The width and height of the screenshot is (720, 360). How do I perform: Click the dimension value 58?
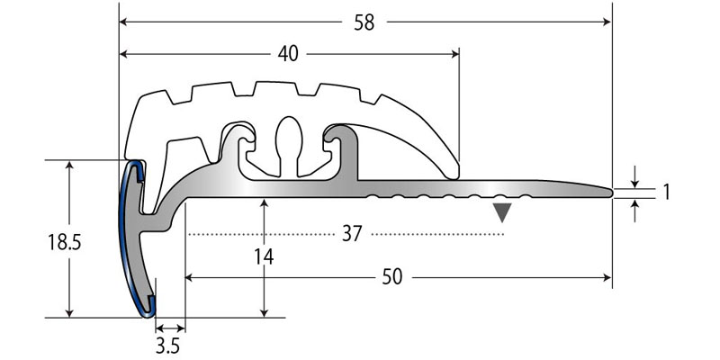coord(364,22)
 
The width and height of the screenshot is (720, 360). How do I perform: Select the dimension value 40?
coord(288,55)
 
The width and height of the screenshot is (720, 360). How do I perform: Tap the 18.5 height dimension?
coord(65,242)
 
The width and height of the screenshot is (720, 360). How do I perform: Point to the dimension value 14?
coord(265,257)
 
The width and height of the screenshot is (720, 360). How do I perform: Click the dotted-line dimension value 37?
coord(352,234)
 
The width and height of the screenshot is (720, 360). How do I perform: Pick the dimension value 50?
coord(392,277)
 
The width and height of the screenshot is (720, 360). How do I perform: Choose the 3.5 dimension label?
coord(167,346)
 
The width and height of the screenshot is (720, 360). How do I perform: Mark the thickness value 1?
coord(665,193)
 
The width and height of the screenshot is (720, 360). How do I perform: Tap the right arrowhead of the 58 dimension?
coord(607,22)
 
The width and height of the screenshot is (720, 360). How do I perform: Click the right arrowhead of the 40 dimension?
coord(454,54)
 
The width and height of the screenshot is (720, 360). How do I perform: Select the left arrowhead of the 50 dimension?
coord(190,277)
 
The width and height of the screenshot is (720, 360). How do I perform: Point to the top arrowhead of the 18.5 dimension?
coord(69,165)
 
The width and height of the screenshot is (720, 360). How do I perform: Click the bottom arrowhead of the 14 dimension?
coord(264,312)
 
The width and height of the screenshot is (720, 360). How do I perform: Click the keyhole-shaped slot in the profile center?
coord(289,146)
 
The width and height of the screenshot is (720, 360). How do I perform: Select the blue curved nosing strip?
coord(130,238)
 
